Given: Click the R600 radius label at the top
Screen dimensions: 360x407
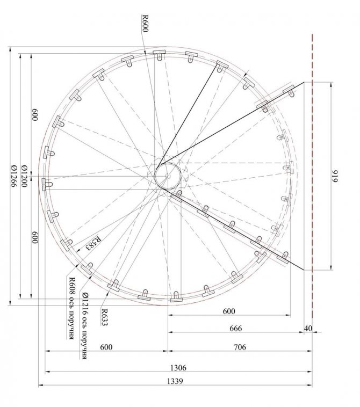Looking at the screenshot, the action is click(145, 24).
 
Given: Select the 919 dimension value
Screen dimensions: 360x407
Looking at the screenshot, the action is click(336, 176).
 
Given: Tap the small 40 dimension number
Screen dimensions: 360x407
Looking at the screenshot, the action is click(308, 329).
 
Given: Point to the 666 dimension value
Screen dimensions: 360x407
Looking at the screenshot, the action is click(235, 329).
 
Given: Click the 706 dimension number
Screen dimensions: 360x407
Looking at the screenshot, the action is click(240, 347).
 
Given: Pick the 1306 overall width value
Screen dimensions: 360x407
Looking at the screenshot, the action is click(178, 368).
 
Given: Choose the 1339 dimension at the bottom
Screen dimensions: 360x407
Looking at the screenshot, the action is click(175, 381).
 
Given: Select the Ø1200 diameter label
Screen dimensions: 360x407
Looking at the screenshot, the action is click(24, 176).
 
